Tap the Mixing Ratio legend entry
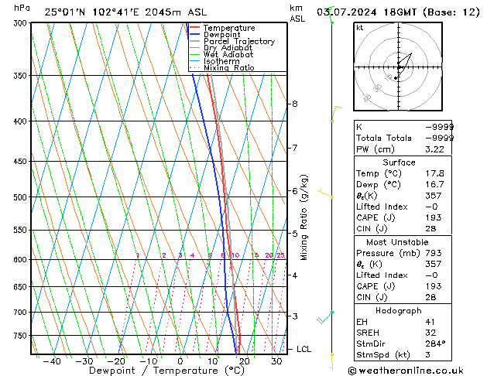point(228,68)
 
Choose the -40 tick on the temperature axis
point(52,361)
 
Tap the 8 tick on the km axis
point(294,104)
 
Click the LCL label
point(305,350)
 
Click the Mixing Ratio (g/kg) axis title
point(304,217)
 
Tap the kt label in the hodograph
point(359,28)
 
